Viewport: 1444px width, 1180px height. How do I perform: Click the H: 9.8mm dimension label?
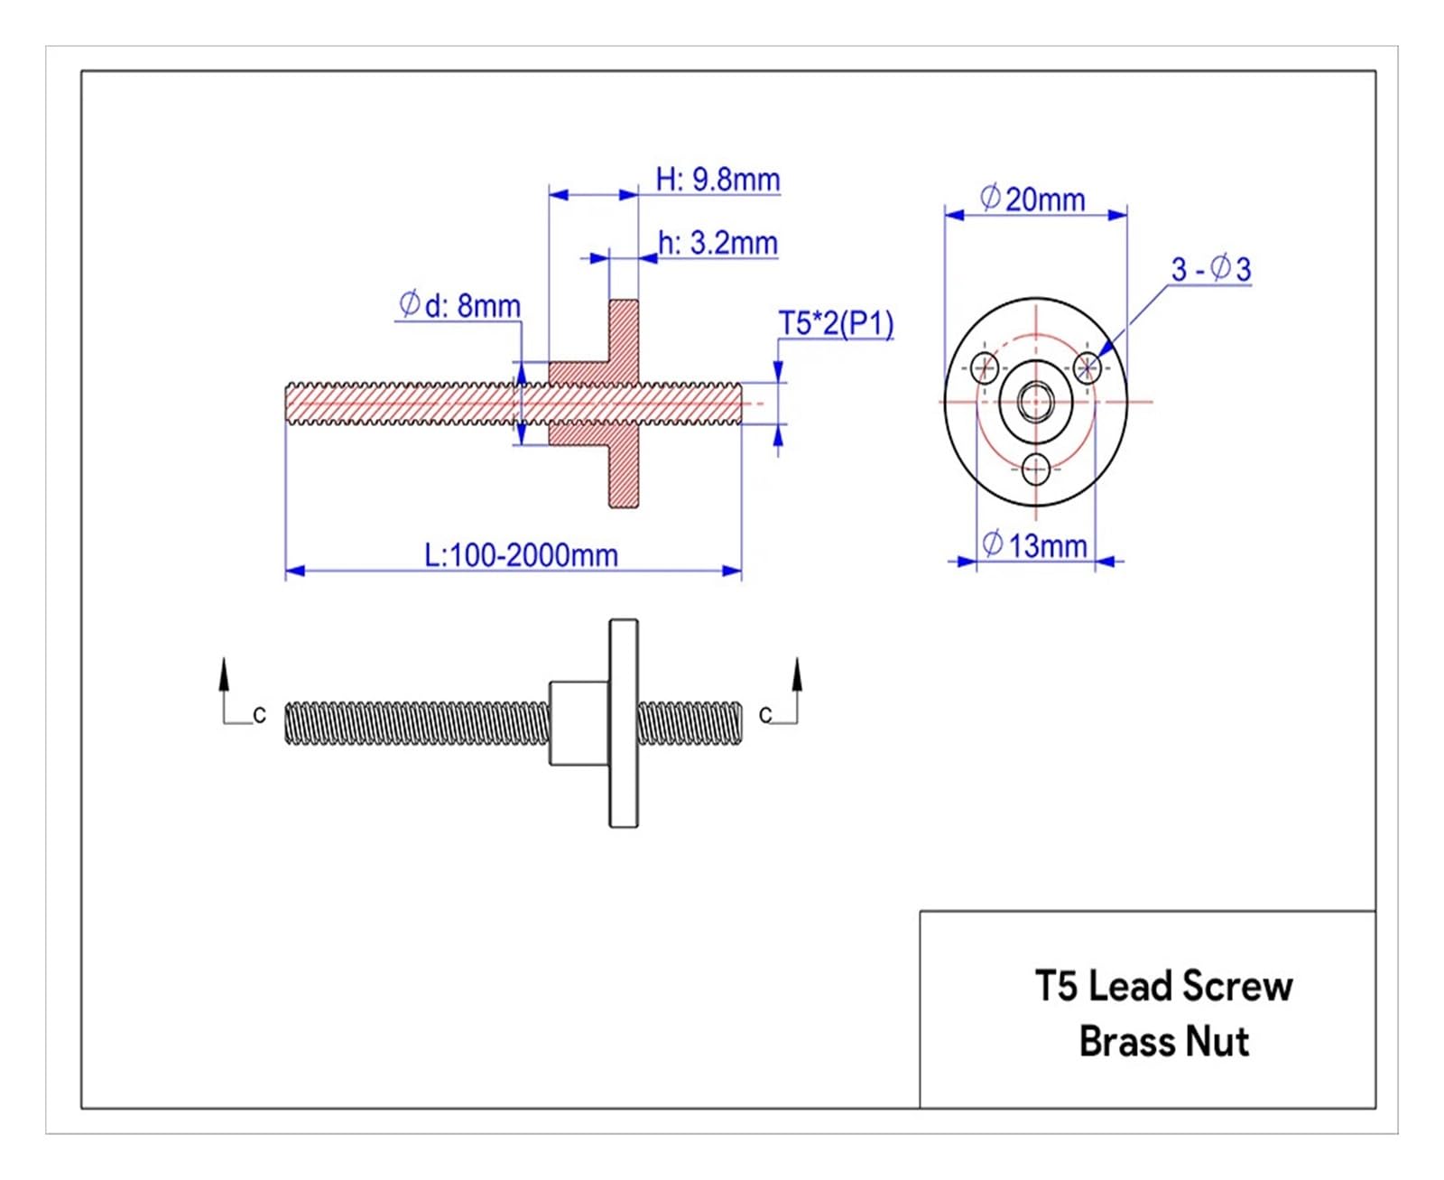(x=717, y=180)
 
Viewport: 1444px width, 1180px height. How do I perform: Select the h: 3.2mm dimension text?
(x=717, y=243)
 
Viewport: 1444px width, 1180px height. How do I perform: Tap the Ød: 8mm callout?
(x=459, y=305)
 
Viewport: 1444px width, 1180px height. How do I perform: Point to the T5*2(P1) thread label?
(x=836, y=323)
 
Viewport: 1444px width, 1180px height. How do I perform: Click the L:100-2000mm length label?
(x=521, y=554)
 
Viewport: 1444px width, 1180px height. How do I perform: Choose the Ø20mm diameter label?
(x=1032, y=200)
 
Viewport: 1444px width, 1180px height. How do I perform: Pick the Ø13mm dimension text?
(x=1034, y=545)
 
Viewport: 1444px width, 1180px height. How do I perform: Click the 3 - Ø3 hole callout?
(x=1211, y=268)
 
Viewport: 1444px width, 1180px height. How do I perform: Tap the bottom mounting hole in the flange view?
(x=1035, y=469)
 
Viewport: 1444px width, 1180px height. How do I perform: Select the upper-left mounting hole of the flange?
(x=986, y=367)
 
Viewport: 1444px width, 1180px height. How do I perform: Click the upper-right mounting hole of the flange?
(x=1087, y=367)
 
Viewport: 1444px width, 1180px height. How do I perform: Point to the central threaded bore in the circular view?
(x=1035, y=402)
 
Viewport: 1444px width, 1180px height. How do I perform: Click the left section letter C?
(x=259, y=714)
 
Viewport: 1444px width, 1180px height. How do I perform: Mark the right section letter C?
(x=764, y=714)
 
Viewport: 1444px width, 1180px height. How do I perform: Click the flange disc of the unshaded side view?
(x=623, y=723)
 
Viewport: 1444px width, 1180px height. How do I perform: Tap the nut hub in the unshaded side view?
(x=579, y=723)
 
